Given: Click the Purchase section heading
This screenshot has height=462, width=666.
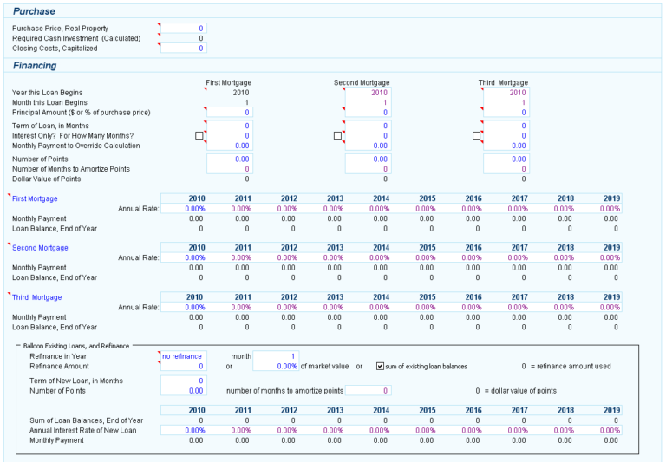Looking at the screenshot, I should pyautogui.click(x=34, y=11).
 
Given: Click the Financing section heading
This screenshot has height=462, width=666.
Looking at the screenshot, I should pyautogui.click(x=35, y=65).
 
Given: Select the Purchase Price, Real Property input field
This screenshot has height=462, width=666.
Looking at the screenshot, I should pyautogui.click(x=184, y=29).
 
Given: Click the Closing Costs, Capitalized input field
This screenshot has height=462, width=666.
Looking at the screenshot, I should pyautogui.click(x=184, y=49).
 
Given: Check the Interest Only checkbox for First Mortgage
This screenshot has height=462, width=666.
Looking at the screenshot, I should pyautogui.click(x=199, y=136).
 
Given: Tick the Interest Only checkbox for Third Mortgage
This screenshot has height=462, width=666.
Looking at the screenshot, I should pyautogui.click(x=476, y=136).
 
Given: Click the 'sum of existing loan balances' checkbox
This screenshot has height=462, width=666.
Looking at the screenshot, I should pyautogui.click(x=381, y=366).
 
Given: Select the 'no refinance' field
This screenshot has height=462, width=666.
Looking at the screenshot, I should pyautogui.click(x=183, y=356).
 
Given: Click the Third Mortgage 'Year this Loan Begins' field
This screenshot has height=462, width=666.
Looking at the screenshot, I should pyautogui.click(x=506, y=93).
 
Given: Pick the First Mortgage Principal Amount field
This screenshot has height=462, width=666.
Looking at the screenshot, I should pyautogui.click(x=229, y=113).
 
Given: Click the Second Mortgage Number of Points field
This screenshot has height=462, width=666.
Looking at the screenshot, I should pyautogui.click(x=368, y=159).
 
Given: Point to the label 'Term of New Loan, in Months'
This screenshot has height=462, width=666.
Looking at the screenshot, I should pyautogui.click(x=76, y=381).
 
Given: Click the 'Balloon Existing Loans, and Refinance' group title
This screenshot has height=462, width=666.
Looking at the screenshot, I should pyautogui.click(x=75, y=346).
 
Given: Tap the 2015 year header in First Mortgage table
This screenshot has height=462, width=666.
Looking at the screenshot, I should pyautogui.click(x=427, y=198).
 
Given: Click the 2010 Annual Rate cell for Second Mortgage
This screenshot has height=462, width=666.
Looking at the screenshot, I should pyautogui.click(x=195, y=257).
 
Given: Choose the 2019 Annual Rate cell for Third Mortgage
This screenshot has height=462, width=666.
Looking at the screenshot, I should pyautogui.click(x=610, y=307).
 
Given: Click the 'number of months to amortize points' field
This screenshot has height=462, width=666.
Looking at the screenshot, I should pyautogui.click(x=369, y=391).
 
